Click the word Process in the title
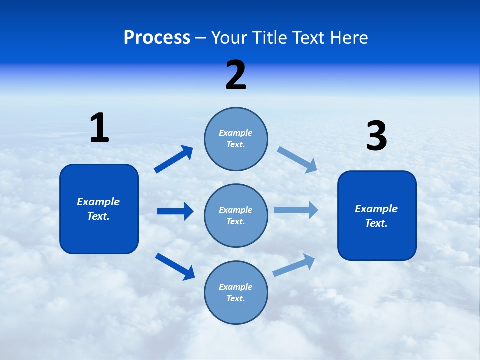[x=157, y=38]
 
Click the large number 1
[x=99, y=128]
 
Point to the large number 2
[x=236, y=75]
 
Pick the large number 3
[x=376, y=136]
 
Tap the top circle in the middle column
[x=236, y=139]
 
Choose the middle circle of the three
[x=236, y=216]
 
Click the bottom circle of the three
[x=236, y=293]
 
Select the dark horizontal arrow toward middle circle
[x=175, y=211]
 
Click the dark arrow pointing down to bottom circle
[x=175, y=266]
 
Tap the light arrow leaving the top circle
[x=297, y=159]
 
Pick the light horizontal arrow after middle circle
[x=296, y=210]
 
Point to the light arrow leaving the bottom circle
[x=294, y=265]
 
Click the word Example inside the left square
[x=98, y=202]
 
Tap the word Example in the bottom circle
[x=235, y=287]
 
